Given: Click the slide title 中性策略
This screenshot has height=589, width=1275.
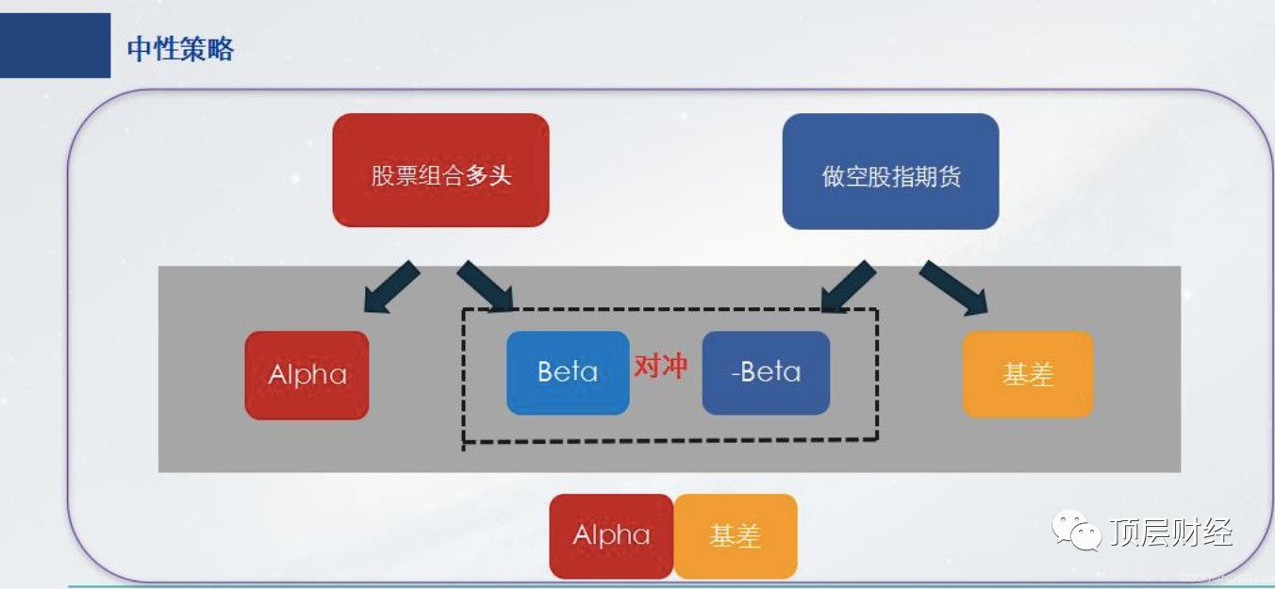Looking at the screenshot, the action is [180, 49].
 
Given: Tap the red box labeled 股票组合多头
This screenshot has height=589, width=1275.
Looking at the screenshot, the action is [440, 170].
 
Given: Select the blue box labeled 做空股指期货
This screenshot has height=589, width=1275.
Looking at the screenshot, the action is [890, 172].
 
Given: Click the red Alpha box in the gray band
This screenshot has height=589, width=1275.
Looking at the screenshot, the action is [306, 375].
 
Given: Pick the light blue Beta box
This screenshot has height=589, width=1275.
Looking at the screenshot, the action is [568, 372].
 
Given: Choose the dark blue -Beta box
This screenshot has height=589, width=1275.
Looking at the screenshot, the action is [766, 372].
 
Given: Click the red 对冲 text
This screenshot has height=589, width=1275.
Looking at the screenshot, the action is [661, 367].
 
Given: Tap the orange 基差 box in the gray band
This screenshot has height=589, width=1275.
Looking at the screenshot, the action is [1028, 374].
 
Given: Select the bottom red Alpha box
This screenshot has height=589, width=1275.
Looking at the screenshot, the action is [611, 536].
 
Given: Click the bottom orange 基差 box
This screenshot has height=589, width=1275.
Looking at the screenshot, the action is [736, 536].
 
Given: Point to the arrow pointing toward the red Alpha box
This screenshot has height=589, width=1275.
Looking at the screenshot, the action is [391, 287].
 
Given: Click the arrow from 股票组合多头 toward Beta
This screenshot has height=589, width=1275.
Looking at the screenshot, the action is [486, 286].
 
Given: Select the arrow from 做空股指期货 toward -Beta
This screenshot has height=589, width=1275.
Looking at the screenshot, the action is [848, 286].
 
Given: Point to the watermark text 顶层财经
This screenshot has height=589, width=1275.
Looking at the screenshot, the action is [1171, 532].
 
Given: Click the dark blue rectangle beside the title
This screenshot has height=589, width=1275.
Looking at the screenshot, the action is [56, 45].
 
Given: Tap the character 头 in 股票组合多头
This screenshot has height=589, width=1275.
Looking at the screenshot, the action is [501, 175].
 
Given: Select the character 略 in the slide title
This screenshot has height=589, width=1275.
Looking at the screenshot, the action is [221, 49].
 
